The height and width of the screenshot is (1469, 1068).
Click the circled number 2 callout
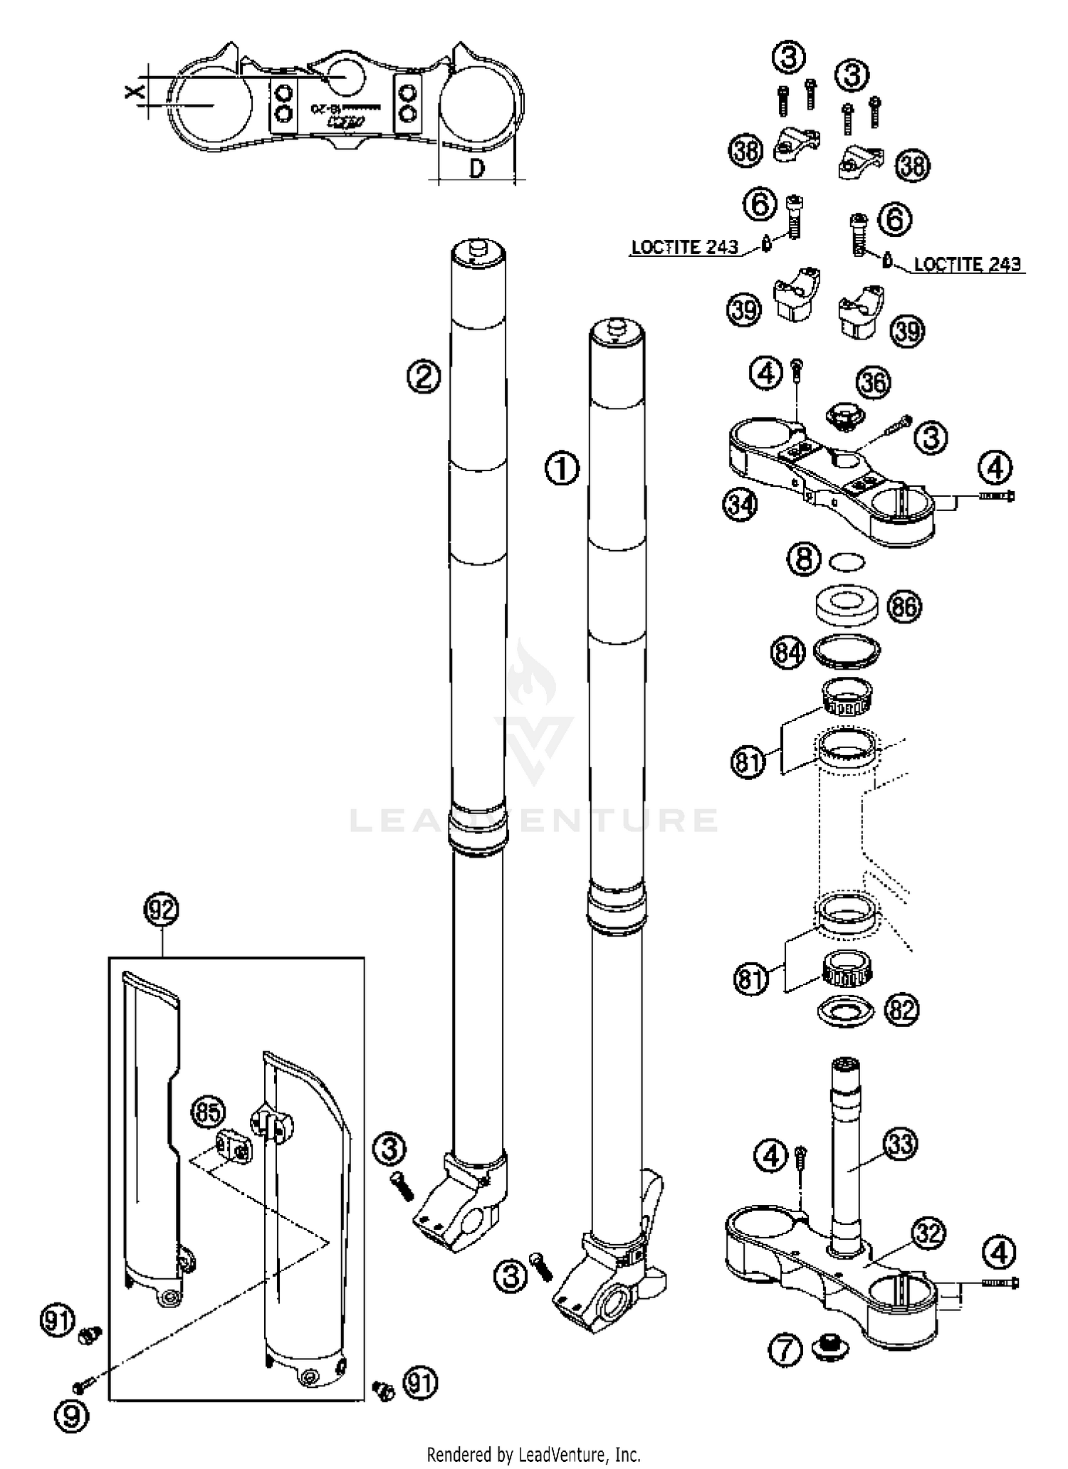pyautogui.click(x=424, y=376)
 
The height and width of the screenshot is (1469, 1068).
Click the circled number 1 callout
pyautogui.click(x=562, y=469)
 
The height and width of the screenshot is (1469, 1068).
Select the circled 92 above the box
pyautogui.click(x=162, y=910)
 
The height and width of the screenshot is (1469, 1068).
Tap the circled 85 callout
pyautogui.click(x=207, y=1112)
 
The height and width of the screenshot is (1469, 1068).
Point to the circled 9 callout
pyautogui.click(x=71, y=1416)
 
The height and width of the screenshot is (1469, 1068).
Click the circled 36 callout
pyautogui.click(x=874, y=383)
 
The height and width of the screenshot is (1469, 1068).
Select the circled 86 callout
pyautogui.click(x=904, y=607)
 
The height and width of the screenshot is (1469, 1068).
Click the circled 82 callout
pyautogui.click(x=901, y=1010)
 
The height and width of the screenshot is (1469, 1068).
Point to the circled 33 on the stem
pyautogui.click(x=901, y=1144)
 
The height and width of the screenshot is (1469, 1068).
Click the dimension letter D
pyautogui.click(x=477, y=169)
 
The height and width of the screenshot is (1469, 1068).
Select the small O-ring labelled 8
pyautogui.click(x=847, y=562)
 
